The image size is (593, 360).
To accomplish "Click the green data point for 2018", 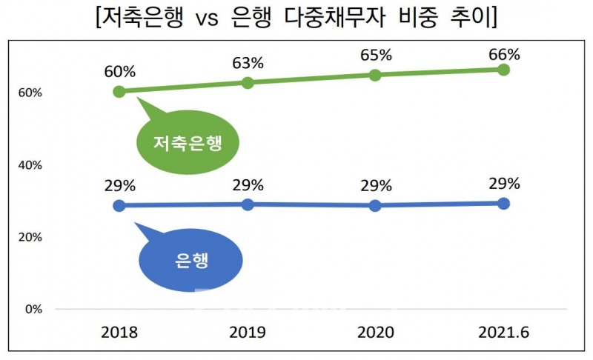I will point(119,91).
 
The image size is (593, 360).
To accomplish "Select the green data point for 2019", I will point(248,82).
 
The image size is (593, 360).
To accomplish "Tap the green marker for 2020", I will point(375,74).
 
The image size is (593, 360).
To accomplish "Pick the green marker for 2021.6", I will point(503,70).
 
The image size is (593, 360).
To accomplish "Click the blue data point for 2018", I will point(119,205).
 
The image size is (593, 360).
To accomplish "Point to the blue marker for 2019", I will point(248,204).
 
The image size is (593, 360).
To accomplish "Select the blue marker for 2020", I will point(375,205).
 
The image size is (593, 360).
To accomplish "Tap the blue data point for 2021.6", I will point(503,203).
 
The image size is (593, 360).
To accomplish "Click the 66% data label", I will point(504,54).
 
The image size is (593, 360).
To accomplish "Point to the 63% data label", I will point(248,63).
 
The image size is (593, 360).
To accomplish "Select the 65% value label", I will point(375,56).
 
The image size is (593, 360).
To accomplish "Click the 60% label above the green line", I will point(119,73).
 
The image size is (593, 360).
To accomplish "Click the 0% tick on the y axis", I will point(33,309).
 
